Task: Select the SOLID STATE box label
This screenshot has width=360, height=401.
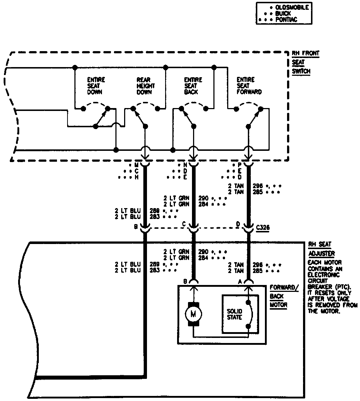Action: tap(234, 314)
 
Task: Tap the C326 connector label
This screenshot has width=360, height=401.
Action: tap(262, 227)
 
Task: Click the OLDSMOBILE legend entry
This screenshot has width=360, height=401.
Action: tap(291, 8)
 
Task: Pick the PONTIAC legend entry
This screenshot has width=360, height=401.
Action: tap(286, 20)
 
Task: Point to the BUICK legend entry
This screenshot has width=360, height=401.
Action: tap(283, 13)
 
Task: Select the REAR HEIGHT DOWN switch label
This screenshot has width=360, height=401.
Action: tap(146, 86)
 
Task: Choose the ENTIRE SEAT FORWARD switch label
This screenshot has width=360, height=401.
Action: tap(249, 86)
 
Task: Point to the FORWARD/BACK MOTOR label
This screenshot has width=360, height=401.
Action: tap(284, 296)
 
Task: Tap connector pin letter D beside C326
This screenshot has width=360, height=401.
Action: tap(238, 224)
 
